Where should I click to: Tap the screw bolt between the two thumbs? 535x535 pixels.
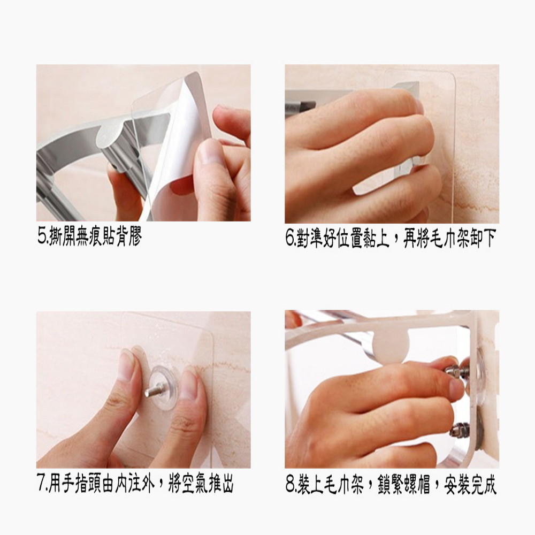click(x=155, y=389)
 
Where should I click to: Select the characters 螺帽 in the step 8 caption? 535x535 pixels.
click(x=417, y=485)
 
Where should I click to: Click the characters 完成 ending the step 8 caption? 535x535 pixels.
click(x=483, y=485)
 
